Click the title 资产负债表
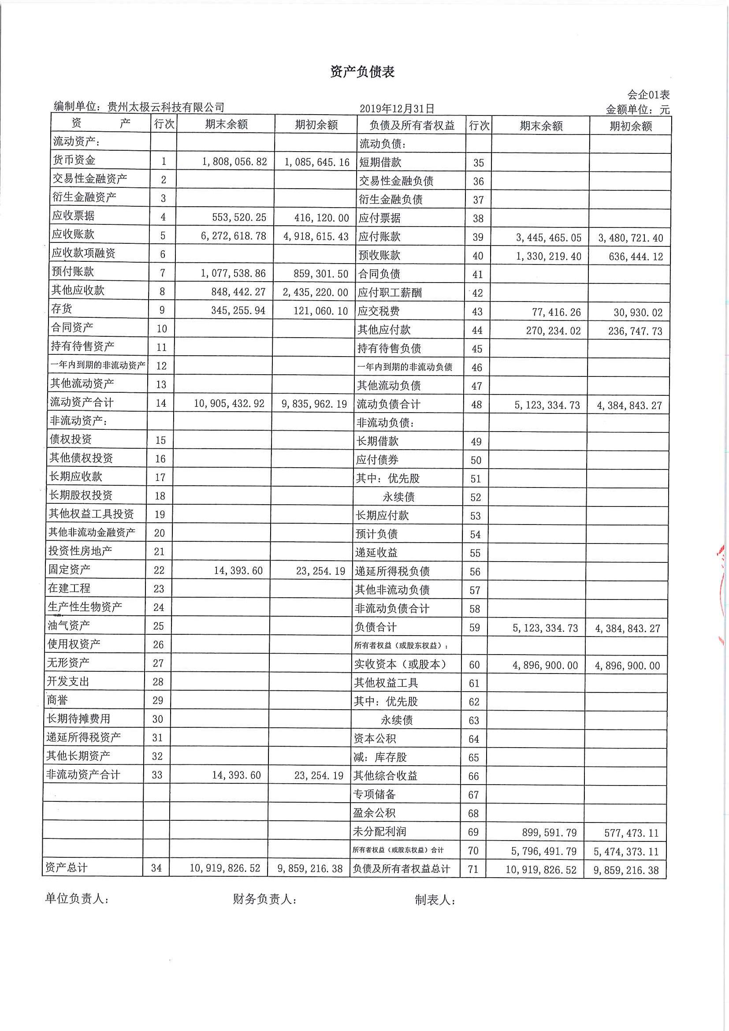click(362, 72)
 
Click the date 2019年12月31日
click(397, 108)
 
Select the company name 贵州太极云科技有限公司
click(166, 107)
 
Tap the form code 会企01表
click(648, 95)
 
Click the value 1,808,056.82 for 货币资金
click(234, 162)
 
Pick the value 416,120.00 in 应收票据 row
click(321, 218)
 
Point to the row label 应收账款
click(73, 234)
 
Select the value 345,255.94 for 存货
click(238, 310)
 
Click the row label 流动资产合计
click(82, 402)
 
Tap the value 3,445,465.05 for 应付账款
click(548, 238)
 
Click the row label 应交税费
click(379, 311)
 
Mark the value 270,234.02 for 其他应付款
click(553, 331)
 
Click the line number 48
click(476, 405)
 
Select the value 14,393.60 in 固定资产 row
click(238, 571)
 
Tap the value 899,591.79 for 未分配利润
click(549, 833)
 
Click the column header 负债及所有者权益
click(412, 125)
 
